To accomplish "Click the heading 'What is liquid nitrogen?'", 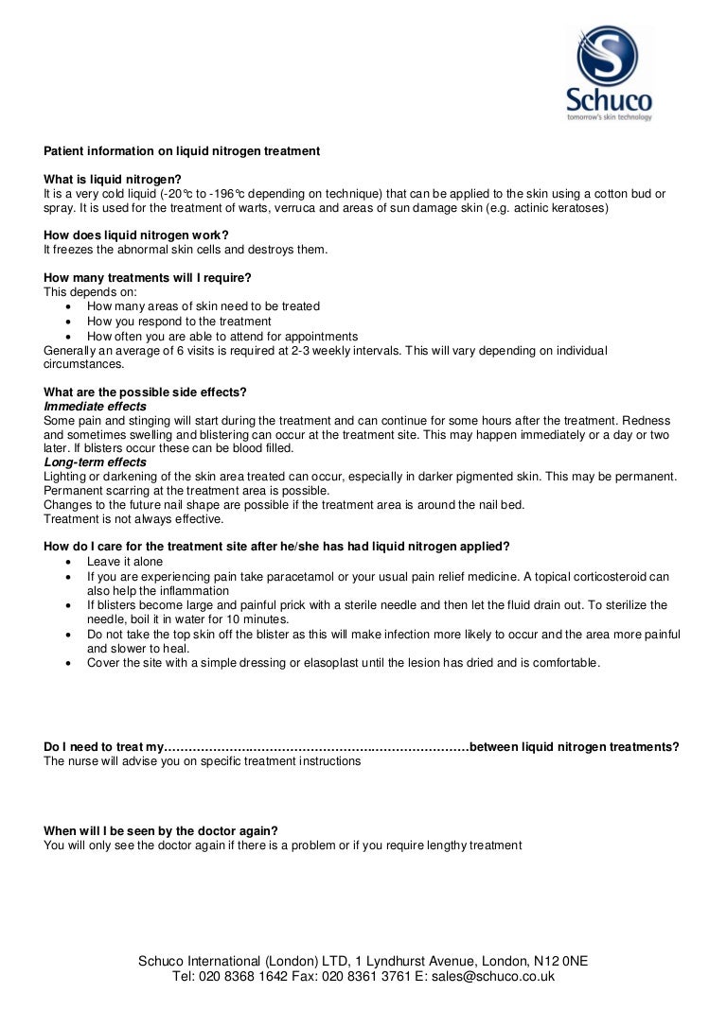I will pos(113,180).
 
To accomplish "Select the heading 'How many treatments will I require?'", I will pos(148,277).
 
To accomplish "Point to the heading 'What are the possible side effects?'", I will pos(146,392).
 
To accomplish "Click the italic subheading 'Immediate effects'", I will pos(96,407).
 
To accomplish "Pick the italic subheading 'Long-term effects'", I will pos(96,462).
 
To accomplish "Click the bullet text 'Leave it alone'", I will pos(125,562).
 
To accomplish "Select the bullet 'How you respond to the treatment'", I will pos(179,322).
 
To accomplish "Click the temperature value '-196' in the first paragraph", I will pos(222,194).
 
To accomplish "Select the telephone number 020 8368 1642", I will pos(246,977).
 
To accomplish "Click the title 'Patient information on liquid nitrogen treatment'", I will pos(182,151).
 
